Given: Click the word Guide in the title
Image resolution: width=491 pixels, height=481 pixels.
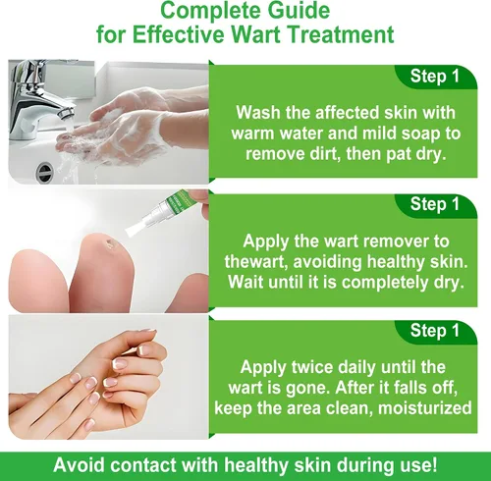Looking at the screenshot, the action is coord(299,10).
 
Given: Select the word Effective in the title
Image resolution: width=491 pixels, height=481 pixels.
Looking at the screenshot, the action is coord(180,34).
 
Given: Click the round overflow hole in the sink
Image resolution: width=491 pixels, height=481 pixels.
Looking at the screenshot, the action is coord(44,172).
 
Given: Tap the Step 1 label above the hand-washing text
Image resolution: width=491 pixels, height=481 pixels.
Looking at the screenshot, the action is coord(435,76).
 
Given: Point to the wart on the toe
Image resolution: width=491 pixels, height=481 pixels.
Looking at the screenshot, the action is coord(109,242).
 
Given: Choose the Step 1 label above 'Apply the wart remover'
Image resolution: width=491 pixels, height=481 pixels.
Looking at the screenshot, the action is coord(435,204).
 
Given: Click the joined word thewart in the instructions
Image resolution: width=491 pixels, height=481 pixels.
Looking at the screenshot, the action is coord(255,262).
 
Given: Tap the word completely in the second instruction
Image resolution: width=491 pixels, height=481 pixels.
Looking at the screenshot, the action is coord(386,283).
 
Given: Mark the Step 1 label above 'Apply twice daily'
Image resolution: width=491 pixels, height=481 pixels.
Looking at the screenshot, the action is coord(435,331).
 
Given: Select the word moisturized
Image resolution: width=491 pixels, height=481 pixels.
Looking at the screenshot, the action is coord(425,408).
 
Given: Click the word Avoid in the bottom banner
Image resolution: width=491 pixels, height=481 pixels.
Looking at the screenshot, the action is coord(79,465).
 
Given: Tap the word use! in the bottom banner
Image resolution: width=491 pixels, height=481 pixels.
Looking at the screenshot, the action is coord(419,465).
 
